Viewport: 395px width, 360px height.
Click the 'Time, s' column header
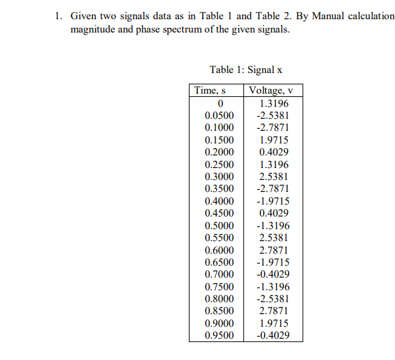pyautogui.click(x=215, y=91)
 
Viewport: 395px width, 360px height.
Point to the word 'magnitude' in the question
pyautogui.click(x=94, y=31)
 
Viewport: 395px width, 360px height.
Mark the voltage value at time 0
pyautogui.click(x=274, y=104)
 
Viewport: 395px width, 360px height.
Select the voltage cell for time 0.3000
pyautogui.click(x=274, y=177)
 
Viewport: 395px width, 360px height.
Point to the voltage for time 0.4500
pyautogui.click(x=274, y=213)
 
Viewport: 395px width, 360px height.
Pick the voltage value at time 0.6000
pyautogui.click(x=274, y=250)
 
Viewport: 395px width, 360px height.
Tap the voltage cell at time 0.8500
pyautogui.click(x=274, y=311)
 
